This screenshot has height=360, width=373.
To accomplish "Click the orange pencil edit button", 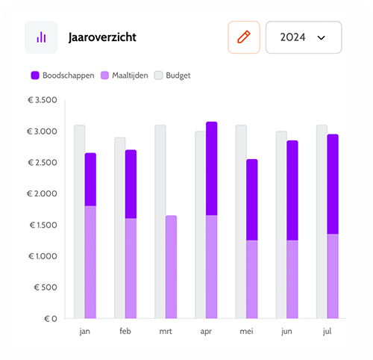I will (244, 37).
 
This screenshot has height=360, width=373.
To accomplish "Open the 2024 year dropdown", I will (304, 37).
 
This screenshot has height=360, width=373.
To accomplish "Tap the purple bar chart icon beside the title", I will (41, 37).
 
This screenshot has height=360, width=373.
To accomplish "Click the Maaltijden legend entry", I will (125, 75).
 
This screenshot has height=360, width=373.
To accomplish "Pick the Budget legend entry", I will (172, 75).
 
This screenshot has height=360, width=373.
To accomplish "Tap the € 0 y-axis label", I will (49, 318).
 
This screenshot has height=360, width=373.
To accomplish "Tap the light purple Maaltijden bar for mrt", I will (171, 267).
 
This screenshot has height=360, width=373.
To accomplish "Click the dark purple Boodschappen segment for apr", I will (211, 168).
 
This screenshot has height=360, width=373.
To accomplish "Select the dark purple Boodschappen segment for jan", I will (90, 179).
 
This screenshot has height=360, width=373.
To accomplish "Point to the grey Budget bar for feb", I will (119, 228).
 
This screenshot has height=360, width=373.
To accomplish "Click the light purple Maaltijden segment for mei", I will (251, 279).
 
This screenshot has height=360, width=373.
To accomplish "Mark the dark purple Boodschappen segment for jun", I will (292, 190).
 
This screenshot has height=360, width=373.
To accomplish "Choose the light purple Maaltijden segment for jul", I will (332, 276).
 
